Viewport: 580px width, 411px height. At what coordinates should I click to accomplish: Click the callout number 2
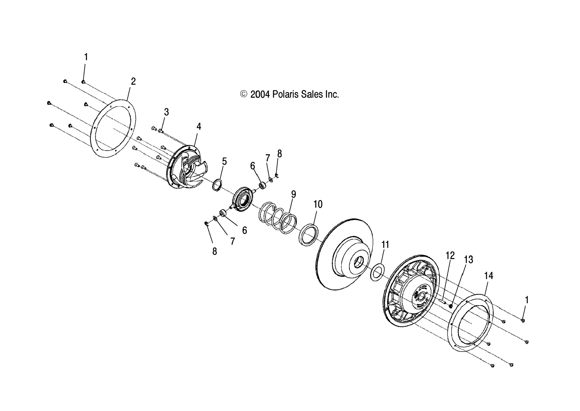click(x=133, y=81)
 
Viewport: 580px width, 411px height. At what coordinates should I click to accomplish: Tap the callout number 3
click(x=166, y=112)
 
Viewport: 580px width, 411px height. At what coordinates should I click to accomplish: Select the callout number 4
click(x=199, y=127)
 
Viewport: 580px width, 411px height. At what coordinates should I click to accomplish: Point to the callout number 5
click(x=224, y=161)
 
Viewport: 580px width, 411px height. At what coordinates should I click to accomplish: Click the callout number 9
click(x=293, y=194)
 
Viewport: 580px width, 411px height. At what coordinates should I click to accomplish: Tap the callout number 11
click(x=385, y=245)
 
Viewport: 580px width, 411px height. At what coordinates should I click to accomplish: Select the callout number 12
click(x=450, y=255)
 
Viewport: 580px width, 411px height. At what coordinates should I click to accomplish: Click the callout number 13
click(x=468, y=260)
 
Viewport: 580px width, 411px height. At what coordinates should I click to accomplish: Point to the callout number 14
click(x=489, y=276)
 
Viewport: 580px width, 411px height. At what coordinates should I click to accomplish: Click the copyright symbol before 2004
click(x=243, y=94)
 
